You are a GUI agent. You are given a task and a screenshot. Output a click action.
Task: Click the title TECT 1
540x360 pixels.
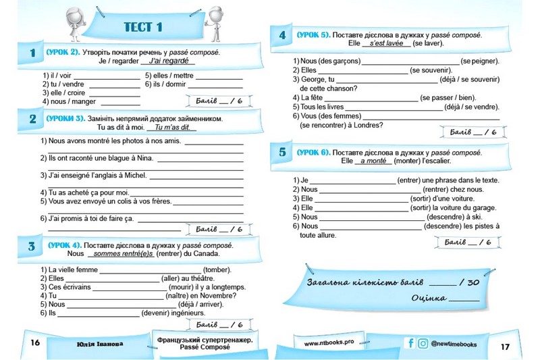click(x=144, y=27)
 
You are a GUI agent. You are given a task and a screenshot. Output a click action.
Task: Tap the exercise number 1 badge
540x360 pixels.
click(x=32, y=53)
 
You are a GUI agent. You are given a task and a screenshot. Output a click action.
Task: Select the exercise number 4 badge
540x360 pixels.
click(x=282, y=34)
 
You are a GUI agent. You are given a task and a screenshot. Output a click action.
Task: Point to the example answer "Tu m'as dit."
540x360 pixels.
click(x=166, y=127)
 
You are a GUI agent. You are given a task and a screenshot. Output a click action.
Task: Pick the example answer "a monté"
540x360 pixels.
click(x=373, y=161)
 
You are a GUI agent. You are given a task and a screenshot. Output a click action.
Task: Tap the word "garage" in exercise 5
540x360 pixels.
click(x=482, y=208)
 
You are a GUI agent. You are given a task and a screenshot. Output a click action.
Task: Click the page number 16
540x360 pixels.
click(x=36, y=343)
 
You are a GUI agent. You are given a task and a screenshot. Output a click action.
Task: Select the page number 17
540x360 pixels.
click(x=505, y=346)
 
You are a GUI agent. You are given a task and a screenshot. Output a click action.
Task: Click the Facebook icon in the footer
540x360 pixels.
click(x=410, y=343)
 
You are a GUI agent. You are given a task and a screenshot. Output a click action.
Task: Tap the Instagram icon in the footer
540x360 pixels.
click(x=423, y=343)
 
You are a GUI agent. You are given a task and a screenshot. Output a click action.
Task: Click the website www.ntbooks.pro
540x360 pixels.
click(x=329, y=343)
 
